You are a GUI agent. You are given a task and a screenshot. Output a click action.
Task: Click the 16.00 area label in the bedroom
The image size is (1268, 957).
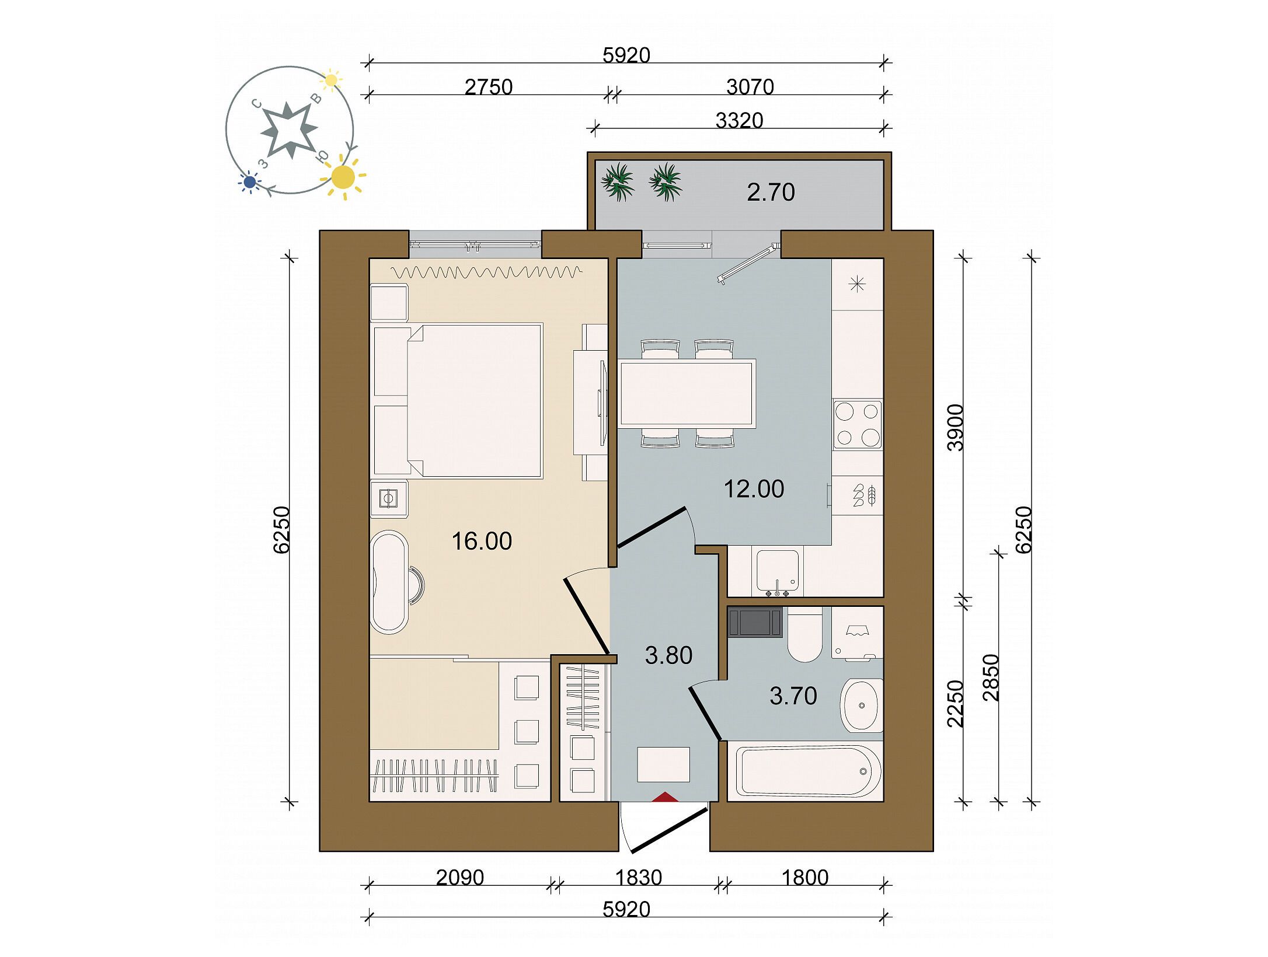(x=482, y=542)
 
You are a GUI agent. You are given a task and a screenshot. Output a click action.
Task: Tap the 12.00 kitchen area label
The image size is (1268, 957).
(x=754, y=489)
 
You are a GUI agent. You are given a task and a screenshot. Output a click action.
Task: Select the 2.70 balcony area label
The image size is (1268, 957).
(x=771, y=193)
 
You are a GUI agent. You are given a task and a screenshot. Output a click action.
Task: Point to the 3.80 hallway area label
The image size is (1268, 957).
(x=668, y=656)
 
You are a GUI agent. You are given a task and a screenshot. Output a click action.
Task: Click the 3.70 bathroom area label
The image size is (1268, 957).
(x=793, y=696)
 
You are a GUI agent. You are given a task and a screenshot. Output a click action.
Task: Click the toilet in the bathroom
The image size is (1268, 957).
(x=804, y=634)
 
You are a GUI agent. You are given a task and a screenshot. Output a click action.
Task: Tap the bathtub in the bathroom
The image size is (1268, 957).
(x=809, y=771)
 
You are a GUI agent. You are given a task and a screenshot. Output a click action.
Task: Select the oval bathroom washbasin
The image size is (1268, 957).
(x=861, y=705)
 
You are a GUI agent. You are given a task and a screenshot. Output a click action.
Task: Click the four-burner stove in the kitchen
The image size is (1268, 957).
(x=857, y=424)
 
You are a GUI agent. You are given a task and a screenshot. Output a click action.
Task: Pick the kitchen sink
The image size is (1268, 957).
(x=778, y=572)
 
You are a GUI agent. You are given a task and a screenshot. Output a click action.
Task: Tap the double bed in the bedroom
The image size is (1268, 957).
(x=474, y=401)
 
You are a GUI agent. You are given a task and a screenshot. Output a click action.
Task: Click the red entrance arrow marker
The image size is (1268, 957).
(x=664, y=796)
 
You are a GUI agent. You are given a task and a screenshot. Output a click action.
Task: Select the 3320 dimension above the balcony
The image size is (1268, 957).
(x=739, y=121)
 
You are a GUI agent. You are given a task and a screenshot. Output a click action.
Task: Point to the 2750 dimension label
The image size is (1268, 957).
(x=489, y=88)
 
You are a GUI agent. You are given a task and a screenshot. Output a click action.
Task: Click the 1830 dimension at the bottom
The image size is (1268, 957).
(x=639, y=878)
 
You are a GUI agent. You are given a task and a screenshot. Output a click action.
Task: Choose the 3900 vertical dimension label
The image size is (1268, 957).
(x=956, y=428)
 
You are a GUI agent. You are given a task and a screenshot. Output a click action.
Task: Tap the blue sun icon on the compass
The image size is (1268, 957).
(x=250, y=183)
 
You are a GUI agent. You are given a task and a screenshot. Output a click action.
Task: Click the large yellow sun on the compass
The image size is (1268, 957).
(x=343, y=177)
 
